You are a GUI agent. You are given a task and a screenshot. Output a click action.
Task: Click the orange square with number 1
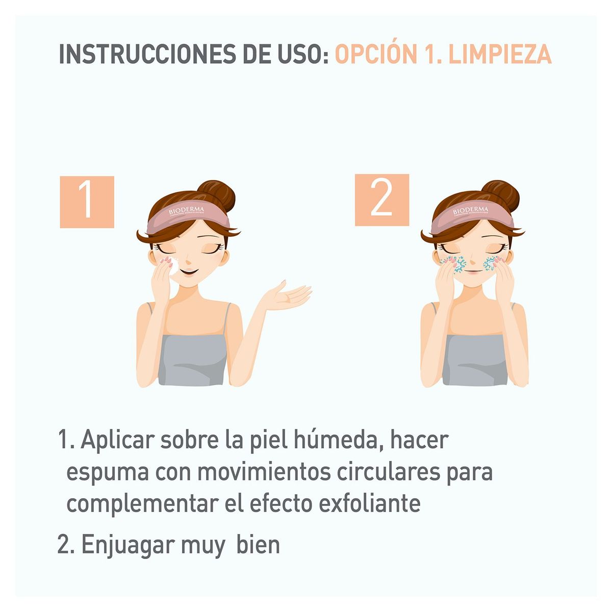(x=87, y=202)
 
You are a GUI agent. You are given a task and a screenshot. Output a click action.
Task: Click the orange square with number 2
(x=381, y=200)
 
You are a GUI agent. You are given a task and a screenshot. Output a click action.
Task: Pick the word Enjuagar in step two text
(x=127, y=545)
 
